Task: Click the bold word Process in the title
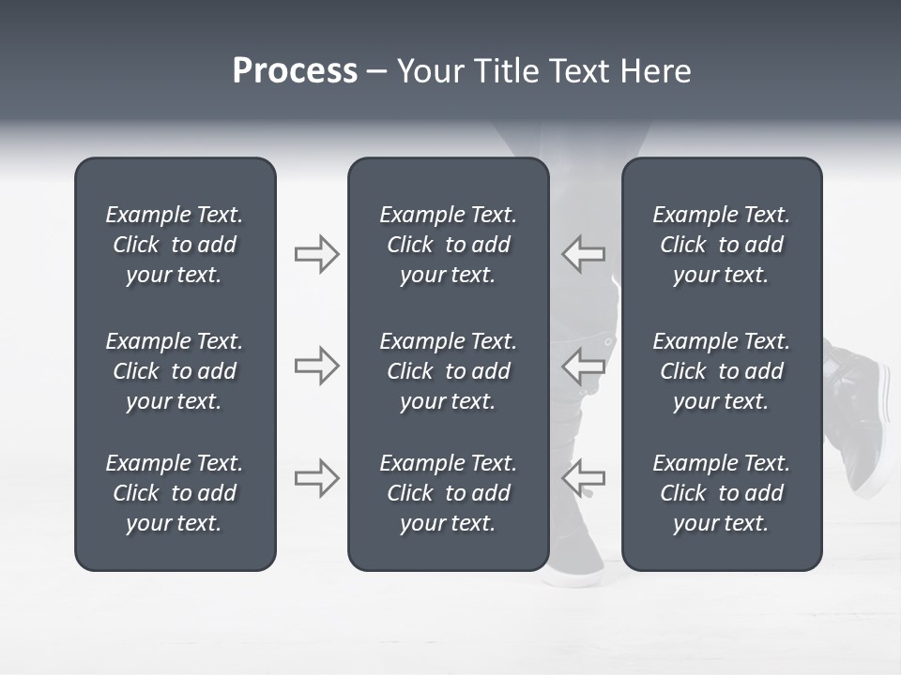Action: [x=295, y=71]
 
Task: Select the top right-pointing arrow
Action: [x=316, y=254]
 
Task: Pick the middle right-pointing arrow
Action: [x=316, y=366]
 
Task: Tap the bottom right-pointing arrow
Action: [x=316, y=478]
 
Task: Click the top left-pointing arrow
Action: [x=583, y=254]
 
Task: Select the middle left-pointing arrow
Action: [x=583, y=366]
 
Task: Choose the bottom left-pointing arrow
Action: [x=583, y=478]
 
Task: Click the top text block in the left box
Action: [x=175, y=245]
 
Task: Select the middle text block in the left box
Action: [x=175, y=371]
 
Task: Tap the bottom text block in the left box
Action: [x=175, y=493]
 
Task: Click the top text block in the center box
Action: [x=448, y=245]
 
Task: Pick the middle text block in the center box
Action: [x=448, y=371]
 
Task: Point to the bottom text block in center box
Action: [x=448, y=493]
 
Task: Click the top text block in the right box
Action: [x=721, y=245]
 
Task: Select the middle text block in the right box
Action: [x=721, y=371]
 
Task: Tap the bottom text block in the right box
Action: [x=721, y=493]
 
